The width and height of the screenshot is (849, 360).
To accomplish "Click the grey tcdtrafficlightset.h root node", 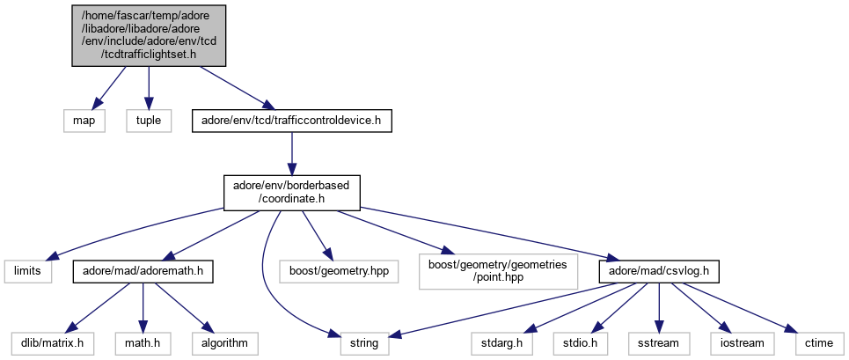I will coord(148,33).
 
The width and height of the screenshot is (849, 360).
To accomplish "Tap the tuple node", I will coord(148,121).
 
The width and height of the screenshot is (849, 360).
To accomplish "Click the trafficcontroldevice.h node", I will coord(291,121).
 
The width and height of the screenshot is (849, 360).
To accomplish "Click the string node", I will coord(364,342).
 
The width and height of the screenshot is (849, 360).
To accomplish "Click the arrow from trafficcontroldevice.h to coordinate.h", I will coord(291,155).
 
